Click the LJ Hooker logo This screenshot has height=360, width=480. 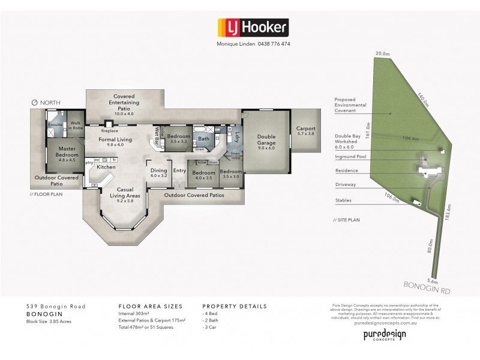(x=252, y=28)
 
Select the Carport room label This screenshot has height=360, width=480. (x=305, y=130)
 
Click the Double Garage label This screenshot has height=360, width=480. (x=266, y=139)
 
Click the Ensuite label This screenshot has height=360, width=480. (x=56, y=125)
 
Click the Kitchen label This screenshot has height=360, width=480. (x=106, y=167)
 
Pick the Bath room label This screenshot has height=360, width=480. (x=203, y=139)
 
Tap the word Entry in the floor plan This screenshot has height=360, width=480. (x=180, y=171)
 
